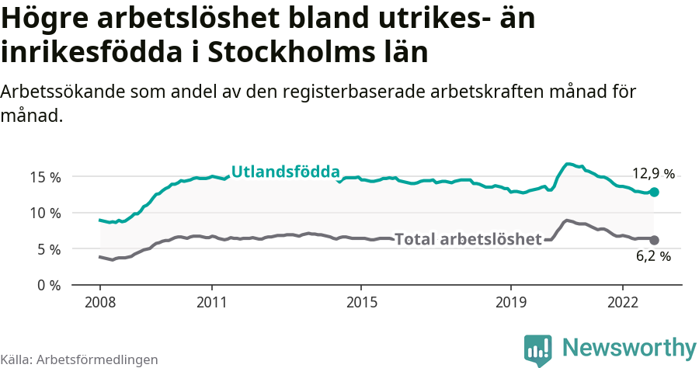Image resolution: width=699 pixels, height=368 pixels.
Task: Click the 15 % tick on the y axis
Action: pos(45,177)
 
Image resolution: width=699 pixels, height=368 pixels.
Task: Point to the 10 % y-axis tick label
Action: pos(45,213)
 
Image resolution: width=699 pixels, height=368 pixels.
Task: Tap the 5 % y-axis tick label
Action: pos(49,249)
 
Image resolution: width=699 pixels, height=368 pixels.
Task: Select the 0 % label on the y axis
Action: pos(49,285)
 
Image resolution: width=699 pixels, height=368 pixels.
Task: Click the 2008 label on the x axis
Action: pos(100,301)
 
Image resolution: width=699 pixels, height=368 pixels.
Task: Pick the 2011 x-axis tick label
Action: pos(212,301)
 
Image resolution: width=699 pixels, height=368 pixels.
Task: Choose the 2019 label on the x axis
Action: pos(511,301)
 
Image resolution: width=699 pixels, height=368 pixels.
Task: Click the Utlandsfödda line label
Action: pos(286,172)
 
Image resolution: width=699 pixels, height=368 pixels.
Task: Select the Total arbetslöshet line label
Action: pos(468,239)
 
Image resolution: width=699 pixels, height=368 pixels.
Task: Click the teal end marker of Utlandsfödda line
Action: pos(654,192)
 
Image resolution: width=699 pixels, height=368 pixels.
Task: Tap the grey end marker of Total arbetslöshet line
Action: pos(654,240)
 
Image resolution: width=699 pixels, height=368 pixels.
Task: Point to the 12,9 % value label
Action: pos(652,174)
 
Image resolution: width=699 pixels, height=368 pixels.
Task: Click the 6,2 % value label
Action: pos(653,256)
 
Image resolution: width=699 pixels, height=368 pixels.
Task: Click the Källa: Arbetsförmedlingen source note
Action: pos(79,359)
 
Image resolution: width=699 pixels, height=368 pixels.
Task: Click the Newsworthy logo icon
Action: pos(537,349)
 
